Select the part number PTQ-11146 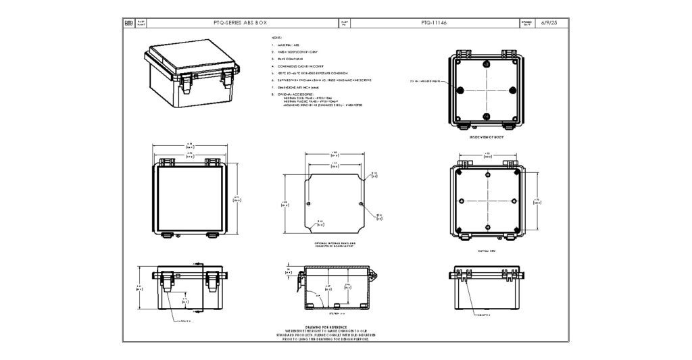[x=434, y=23]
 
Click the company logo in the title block [x=128, y=23]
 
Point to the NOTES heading [x=276, y=38]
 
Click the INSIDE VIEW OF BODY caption [x=487, y=137]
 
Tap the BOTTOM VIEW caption [x=487, y=250]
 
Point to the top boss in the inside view [x=487, y=65]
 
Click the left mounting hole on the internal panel [x=309, y=204]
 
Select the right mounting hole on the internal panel [x=362, y=204]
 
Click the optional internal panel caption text [x=335, y=244]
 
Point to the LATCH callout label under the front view [x=184, y=322]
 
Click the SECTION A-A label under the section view [x=335, y=314]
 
